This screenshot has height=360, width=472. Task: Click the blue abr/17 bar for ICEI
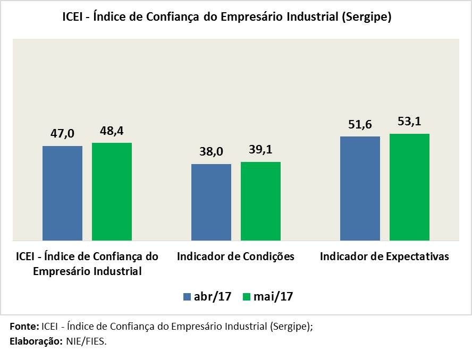(62, 193)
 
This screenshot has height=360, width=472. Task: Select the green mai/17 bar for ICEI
(112, 191)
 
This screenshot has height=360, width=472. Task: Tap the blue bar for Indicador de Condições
(211, 202)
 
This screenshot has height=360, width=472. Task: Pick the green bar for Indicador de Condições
(260, 201)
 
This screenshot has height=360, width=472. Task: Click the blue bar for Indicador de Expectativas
(360, 188)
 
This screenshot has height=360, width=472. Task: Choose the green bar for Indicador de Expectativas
(409, 187)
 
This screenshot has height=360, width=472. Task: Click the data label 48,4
(112, 130)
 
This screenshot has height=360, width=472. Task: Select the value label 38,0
(211, 152)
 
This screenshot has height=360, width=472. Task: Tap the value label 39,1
(260, 150)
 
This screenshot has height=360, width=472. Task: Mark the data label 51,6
(360, 125)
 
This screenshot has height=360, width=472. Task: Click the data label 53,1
(409, 122)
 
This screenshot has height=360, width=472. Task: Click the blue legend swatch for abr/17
(187, 296)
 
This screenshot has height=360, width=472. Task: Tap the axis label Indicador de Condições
(235, 256)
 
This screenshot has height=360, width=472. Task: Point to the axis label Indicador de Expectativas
(384, 256)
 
